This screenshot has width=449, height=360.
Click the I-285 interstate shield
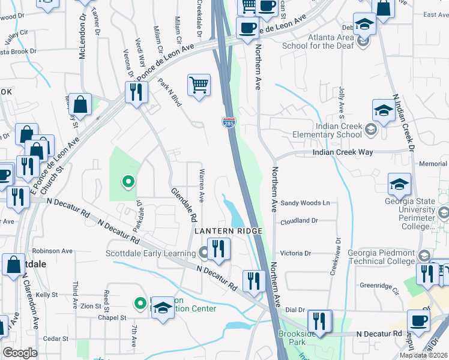pyautogui.click(x=229, y=122)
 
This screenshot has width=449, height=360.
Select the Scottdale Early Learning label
pyautogui.click(x=150, y=253)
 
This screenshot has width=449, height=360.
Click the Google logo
pyautogui.click(x=20, y=353)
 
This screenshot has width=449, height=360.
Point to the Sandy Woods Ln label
pyautogui.click(x=306, y=203)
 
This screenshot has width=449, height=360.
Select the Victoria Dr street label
pyautogui.click(x=307, y=253)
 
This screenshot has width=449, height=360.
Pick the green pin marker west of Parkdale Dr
pyautogui.click(x=127, y=181)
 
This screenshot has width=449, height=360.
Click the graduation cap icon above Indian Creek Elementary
pyautogui.click(x=384, y=111)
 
